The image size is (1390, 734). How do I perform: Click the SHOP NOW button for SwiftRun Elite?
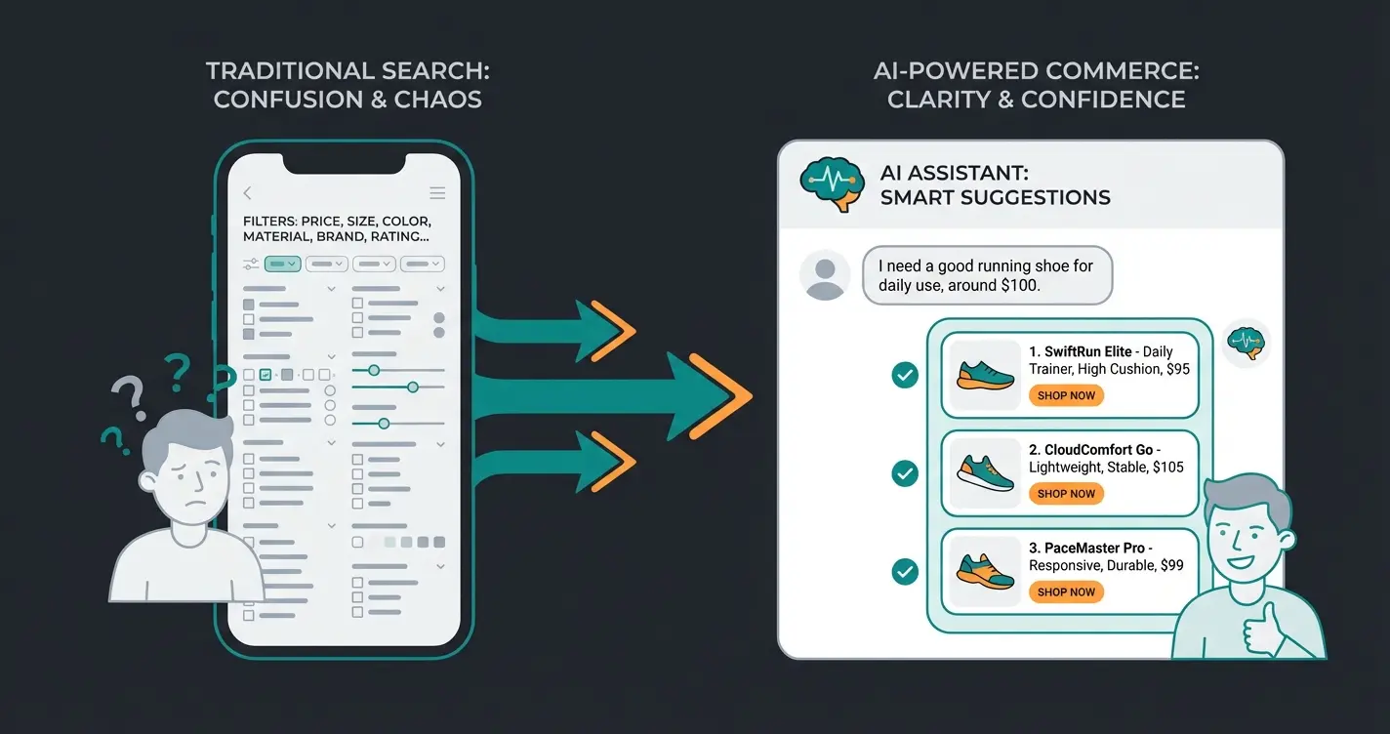tap(1066, 395)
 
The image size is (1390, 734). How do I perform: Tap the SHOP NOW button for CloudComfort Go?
tap(1066, 494)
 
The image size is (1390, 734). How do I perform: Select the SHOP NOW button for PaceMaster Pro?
tap(1066, 591)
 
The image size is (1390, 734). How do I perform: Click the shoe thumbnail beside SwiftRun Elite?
tap(985, 374)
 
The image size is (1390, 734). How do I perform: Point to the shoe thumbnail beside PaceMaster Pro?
tap(985, 570)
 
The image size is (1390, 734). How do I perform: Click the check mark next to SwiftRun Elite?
tap(905, 375)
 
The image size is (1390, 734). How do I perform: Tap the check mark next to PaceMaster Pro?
tap(905, 571)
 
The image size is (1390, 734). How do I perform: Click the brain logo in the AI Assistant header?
tap(828, 183)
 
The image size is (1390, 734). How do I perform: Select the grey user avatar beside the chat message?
tap(825, 274)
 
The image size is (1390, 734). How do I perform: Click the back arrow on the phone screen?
tap(248, 193)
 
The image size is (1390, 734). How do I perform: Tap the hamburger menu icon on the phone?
tap(437, 193)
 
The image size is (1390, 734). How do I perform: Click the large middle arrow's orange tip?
tap(727, 394)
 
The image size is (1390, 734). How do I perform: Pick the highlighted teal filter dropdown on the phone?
tap(281, 264)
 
